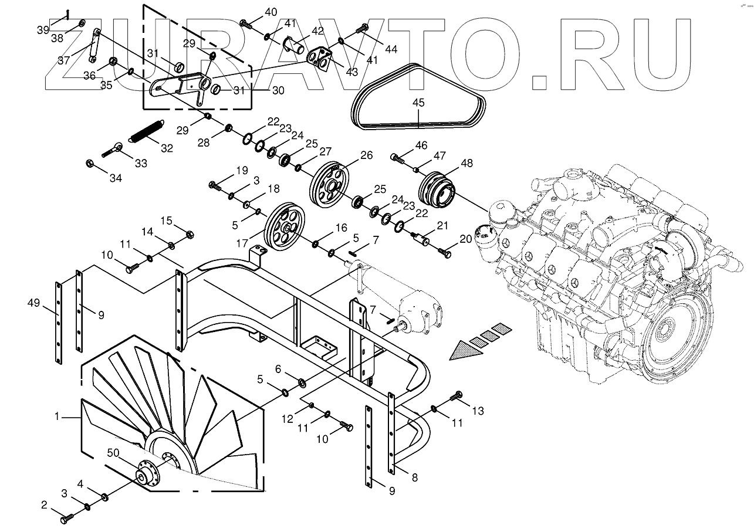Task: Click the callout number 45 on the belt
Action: click(x=418, y=102)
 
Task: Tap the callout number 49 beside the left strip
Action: click(x=33, y=303)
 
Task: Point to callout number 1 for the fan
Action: click(x=57, y=416)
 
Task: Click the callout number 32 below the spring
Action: click(x=167, y=148)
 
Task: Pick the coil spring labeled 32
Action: click(x=145, y=130)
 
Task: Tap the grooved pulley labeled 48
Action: click(x=437, y=189)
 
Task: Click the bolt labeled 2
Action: click(x=66, y=519)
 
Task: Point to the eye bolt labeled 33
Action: click(x=114, y=150)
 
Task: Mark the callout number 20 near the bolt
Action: click(x=465, y=238)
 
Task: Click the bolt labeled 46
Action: click(x=398, y=157)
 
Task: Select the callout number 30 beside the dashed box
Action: click(x=278, y=91)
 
